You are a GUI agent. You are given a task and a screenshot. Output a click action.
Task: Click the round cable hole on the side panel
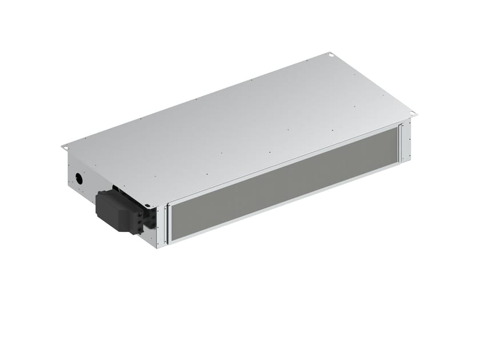[x=79, y=178]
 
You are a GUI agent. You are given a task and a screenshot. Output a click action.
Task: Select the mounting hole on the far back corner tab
[x=330, y=55]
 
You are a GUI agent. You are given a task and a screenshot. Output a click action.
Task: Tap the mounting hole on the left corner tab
[x=65, y=147]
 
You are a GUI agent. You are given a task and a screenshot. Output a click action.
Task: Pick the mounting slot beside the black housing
[x=147, y=206]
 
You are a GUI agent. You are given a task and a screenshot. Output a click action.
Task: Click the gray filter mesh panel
[x=286, y=177]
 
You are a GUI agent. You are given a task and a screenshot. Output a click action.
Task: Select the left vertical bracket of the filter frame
[x=166, y=225]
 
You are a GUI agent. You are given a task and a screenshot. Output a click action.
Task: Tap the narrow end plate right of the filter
[x=407, y=141]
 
